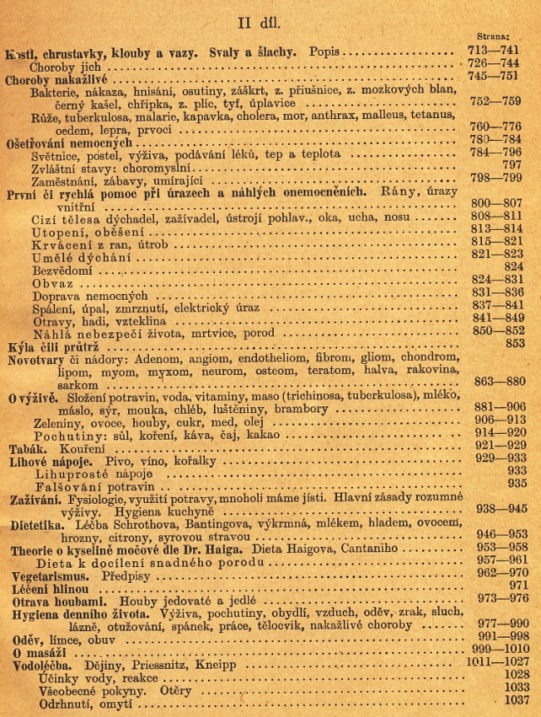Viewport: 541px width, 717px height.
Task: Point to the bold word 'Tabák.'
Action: [x=26, y=446]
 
